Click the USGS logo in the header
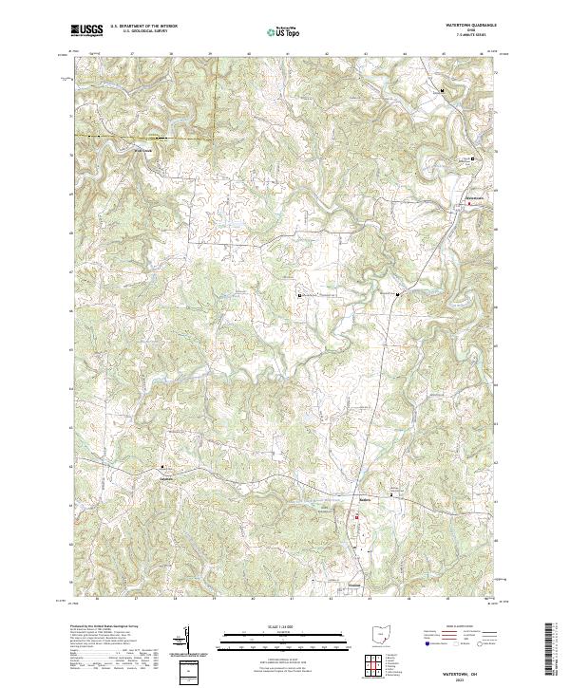pos(86,31)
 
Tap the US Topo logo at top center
pos(277,32)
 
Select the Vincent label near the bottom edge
pos(354,585)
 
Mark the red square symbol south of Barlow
pos(357,516)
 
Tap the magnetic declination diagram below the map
pos(183,642)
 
